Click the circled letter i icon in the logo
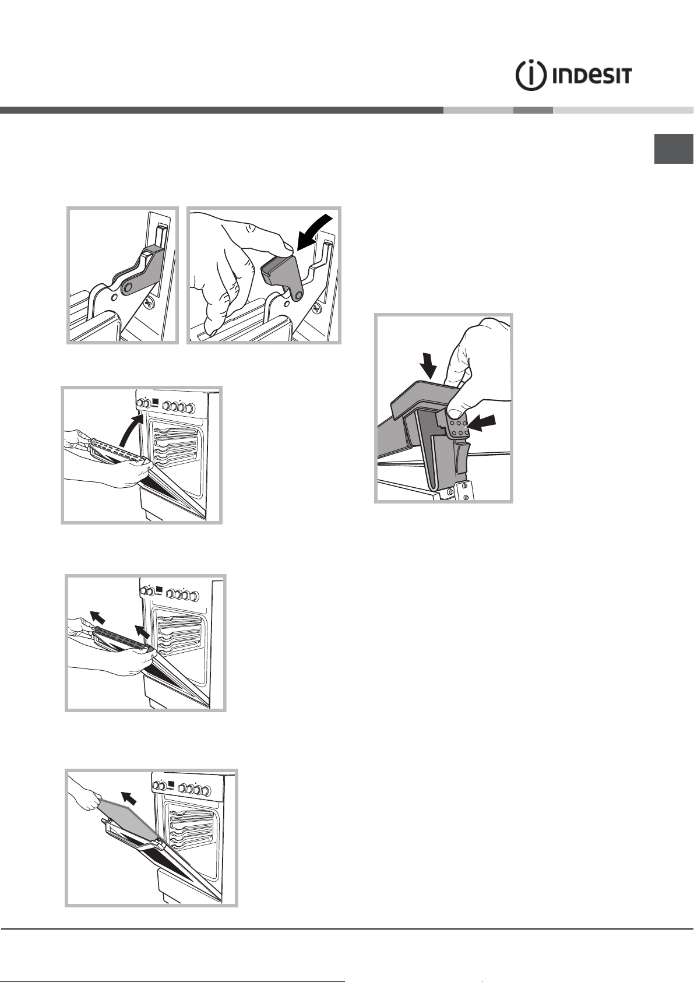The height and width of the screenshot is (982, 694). coord(530,75)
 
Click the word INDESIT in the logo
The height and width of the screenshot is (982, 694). coord(591,76)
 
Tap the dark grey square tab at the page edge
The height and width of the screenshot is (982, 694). coord(674,149)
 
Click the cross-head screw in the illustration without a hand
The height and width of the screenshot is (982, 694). coord(150,302)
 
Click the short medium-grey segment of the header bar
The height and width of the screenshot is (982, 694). coord(533,110)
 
